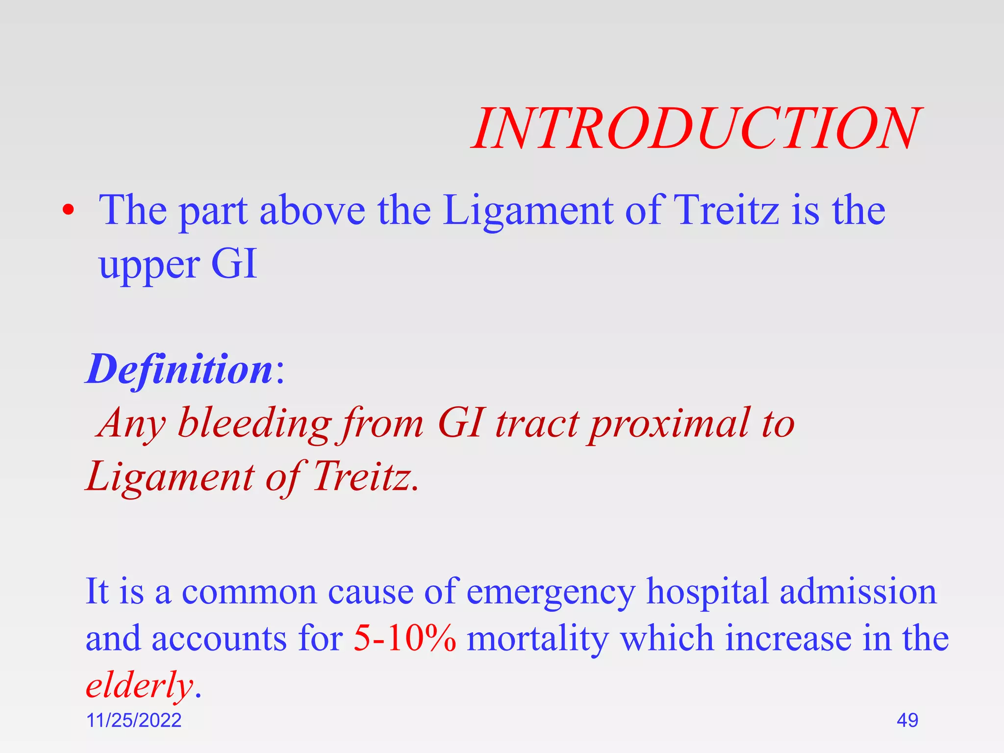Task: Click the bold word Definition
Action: point(179,369)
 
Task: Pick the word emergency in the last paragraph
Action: point(551,592)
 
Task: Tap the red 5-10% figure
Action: point(404,638)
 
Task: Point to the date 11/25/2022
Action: point(133,720)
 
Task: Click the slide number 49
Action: point(907,720)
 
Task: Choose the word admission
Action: point(858,591)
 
